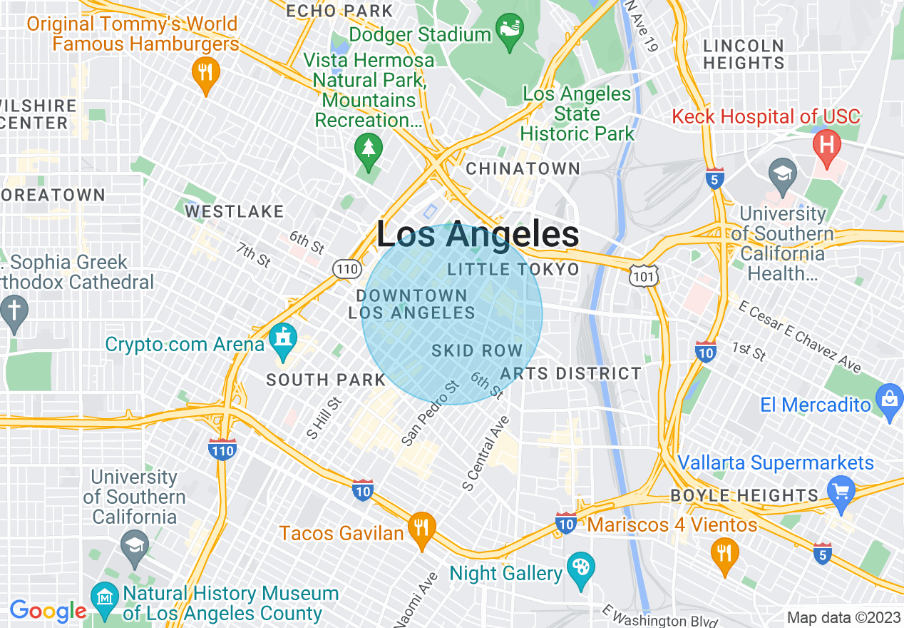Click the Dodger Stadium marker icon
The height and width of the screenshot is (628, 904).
click(509, 31)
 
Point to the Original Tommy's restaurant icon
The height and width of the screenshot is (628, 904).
click(205, 74)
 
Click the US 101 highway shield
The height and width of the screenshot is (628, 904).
click(644, 275)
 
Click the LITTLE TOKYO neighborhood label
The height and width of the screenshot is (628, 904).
click(513, 269)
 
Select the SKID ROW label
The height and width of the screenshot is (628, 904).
click(477, 351)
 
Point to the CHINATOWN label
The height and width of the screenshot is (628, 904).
click(523, 169)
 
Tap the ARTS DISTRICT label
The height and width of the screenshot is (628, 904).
click(570, 373)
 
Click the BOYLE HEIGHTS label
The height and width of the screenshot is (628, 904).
click(744, 495)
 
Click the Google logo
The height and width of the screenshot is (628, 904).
click(48, 612)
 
